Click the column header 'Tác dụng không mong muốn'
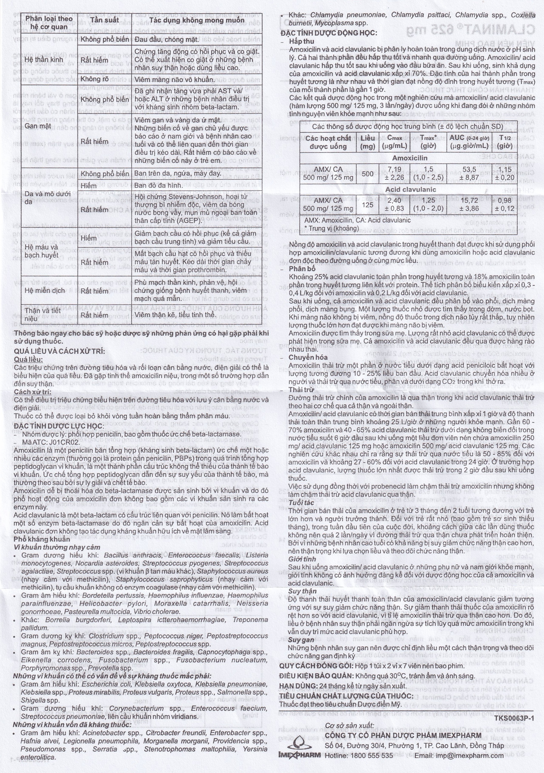click(x=197, y=20)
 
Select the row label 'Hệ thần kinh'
click(x=39, y=60)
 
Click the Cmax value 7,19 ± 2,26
click(x=394, y=173)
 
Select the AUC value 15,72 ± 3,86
click(x=469, y=204)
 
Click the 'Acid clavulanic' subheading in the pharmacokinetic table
click(x=410, y=190)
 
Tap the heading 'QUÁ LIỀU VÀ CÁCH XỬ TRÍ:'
click(x=59, y=351)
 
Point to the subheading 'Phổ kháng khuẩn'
click(x=42, y=539)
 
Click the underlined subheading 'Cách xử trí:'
click(x=33, y=392)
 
